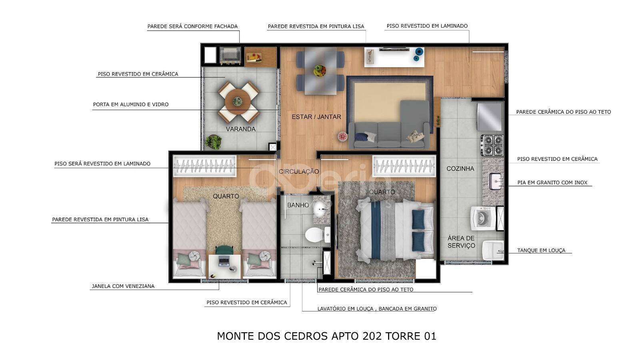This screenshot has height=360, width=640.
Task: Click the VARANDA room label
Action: (x=240, y=129)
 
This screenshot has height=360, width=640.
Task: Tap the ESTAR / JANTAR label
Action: (x=316, y=117)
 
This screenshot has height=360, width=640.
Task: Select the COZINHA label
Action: (x=460, y=169)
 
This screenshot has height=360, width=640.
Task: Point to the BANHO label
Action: (x=298, y=205)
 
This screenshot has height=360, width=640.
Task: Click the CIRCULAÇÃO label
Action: (x=299, y=171)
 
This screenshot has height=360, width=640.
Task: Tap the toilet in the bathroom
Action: (x=318, y=235)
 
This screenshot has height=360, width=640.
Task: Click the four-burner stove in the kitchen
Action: (x=492, y=145)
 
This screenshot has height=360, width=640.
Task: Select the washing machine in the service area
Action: (x=483, y=218)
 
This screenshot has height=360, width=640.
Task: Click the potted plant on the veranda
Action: (x=213, y=142)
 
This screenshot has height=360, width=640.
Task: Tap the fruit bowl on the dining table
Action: (x=320, y=70)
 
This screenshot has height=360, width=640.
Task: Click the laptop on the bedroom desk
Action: (x=224, y=261)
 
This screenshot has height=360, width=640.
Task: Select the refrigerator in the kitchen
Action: (x=490, y=117)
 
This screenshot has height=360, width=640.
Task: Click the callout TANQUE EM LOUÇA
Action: (x=541, y=251)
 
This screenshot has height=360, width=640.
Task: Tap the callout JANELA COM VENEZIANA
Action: (x=123, y=286)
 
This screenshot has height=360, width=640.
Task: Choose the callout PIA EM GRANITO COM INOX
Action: (x=552, y=183)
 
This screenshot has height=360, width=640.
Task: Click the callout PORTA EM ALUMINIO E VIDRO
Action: (x=131, y=105)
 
